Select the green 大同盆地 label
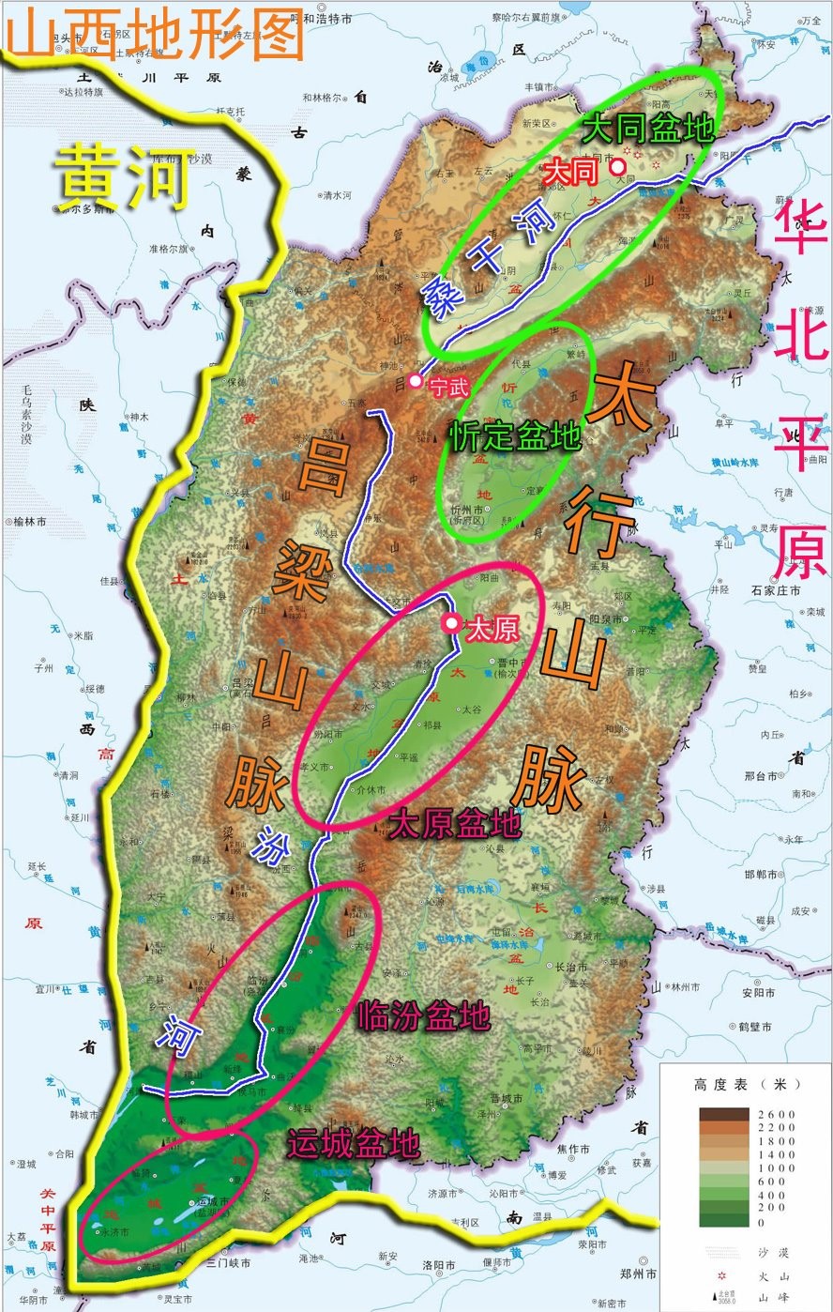(648, 129)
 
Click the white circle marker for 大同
(618, 167)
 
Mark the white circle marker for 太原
(452, 623)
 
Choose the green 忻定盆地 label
(515, 435)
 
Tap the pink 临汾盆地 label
(423, 1016)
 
